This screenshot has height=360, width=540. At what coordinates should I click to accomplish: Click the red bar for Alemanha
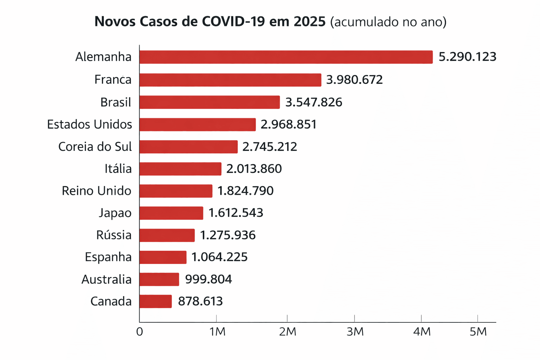tap(286, 57)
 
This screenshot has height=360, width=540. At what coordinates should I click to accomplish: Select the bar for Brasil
tap(210, 102)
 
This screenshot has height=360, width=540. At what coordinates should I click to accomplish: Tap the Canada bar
tap(156, 301)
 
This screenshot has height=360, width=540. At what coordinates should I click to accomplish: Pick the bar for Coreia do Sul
tap(188, 147)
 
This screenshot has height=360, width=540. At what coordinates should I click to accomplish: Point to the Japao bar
tap(171, 213)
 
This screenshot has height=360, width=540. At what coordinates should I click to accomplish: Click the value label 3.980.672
tap(354, 80)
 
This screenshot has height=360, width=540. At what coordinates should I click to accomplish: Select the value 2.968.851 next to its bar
tap(289, 124)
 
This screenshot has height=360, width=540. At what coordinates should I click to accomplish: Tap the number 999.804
tap(208, 279)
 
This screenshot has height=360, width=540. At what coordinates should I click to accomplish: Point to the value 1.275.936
tap(228, 235)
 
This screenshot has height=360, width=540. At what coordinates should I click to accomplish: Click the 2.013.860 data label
tap(254, 169)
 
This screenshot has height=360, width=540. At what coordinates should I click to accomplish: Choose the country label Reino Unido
tap(97, 191)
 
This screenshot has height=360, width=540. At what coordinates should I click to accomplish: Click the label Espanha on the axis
tap(108, 257)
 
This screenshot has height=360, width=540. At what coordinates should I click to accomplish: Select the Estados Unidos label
tap(90, 124)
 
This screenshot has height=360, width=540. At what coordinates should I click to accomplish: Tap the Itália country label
tap(118, 169)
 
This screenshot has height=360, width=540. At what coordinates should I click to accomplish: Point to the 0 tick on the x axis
tap(140, 332)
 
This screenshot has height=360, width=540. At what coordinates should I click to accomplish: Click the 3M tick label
tap(355, 332)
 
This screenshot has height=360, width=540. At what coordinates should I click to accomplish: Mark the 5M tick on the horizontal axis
tap(478, 332)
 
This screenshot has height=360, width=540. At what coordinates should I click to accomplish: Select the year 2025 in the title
tap(309, 22)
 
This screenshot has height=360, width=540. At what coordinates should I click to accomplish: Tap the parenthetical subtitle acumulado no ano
tap(388, 22)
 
